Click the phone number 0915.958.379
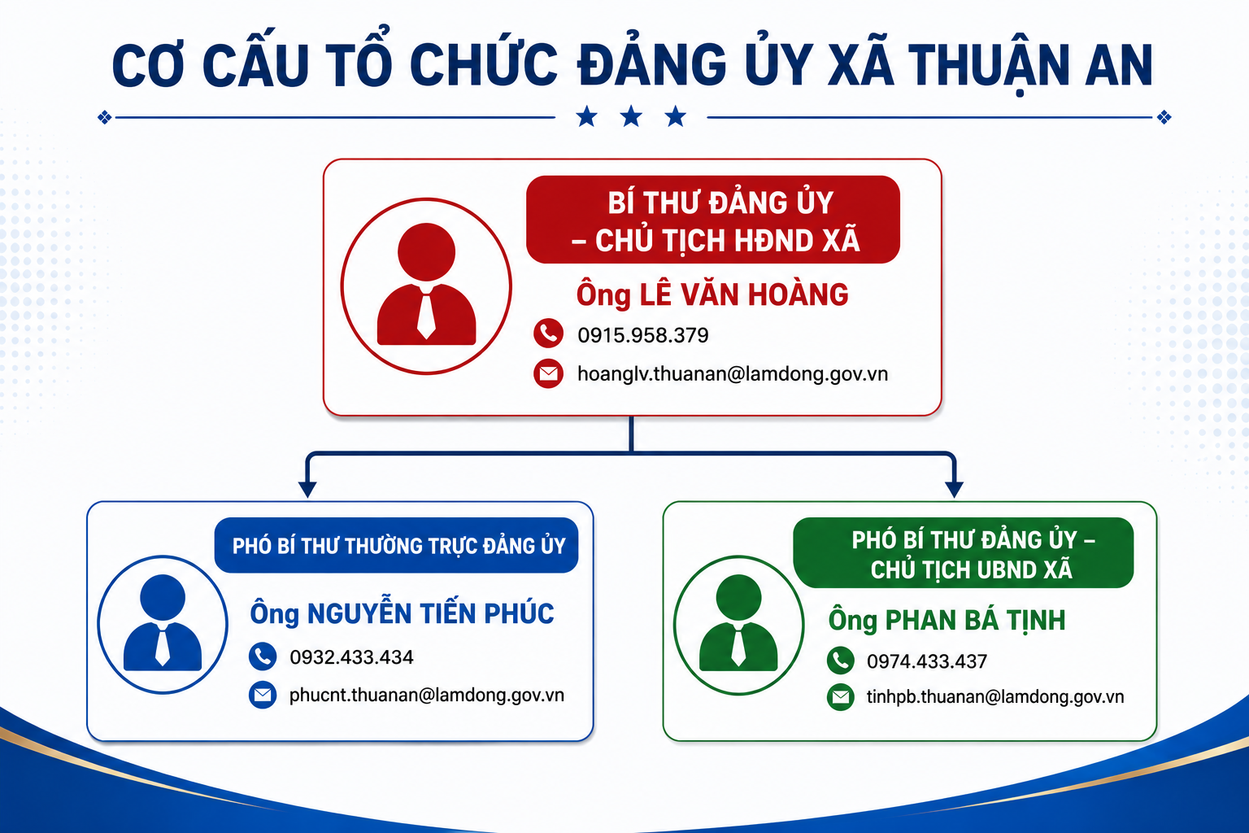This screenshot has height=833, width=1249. click(x=643, y=335)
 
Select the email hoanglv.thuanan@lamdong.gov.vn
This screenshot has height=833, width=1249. click(x=733, y=374)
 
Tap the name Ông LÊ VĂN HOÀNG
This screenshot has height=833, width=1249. click(x=712, y=294)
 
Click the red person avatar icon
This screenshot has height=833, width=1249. click(x=427, y=286)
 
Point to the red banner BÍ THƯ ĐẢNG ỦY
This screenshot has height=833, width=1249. click(x=713, y=220)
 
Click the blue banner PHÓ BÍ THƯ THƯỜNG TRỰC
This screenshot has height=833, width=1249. click(x=397, y=545)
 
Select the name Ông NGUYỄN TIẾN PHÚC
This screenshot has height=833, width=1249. click(x=402, y=613)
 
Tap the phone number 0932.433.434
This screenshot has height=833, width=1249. click(x=351, y=657)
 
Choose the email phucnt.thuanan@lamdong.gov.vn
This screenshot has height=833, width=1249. click(x=427, y=696)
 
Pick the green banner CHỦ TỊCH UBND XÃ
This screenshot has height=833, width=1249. click(x=964, y=552)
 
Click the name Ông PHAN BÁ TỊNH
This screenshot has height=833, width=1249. click(x=947, y=621)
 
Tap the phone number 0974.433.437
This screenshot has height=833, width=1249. click(x=927, y=661)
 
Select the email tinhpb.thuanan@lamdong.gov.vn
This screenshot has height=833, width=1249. click(x=995, y=697)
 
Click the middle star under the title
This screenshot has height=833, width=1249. click(x=631, y=116)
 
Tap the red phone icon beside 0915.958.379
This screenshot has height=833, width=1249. click(x=548, y=334)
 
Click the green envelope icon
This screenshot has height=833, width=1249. click(x=841, y=697)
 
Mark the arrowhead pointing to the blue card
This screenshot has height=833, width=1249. click(x=307, y=489)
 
